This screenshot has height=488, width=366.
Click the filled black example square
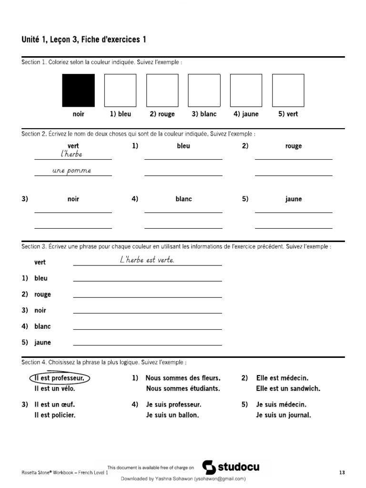point(78,90)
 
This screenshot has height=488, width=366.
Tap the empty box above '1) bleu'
point(120,90)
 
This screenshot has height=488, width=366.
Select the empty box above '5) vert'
point(288,90)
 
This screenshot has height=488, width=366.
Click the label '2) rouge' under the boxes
point(162,114)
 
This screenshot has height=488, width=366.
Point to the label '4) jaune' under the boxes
point(246,114)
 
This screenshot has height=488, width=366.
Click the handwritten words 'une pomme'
point(71,171)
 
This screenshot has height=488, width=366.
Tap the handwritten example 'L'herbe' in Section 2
point(71,154)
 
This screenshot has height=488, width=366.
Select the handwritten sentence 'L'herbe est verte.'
point(147,260)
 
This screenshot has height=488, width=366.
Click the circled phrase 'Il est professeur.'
point(60,378)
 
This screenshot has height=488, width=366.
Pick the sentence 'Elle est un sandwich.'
point(288,388)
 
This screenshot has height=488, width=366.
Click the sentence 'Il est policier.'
point(55,415)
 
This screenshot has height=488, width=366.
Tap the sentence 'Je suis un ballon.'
point(172,415)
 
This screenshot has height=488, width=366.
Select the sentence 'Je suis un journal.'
point(283,415)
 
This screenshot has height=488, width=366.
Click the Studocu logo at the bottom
point(231,467)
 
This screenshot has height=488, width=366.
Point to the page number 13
point(342,472)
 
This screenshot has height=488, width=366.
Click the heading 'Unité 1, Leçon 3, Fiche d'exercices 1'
point(84,40)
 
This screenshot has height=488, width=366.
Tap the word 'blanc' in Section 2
point(183,199)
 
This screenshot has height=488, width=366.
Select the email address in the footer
point(220,478)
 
